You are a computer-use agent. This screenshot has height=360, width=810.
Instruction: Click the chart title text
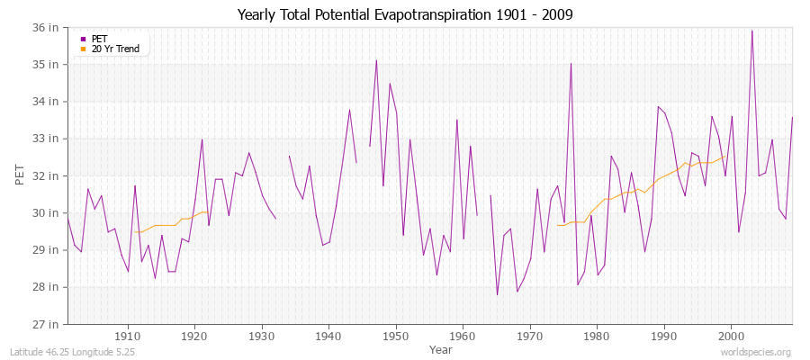click(x=405, y=14)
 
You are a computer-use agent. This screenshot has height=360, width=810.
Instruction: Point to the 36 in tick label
click(x=48, y=28)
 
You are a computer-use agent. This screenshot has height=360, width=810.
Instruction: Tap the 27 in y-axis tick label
click(x=48, y=324)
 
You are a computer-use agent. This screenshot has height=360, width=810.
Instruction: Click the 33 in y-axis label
click(x=48, y=139)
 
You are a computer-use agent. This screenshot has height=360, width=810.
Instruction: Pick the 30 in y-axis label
click(x=48, y=213)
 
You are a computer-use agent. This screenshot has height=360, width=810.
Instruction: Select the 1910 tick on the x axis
click(x=128, y=336)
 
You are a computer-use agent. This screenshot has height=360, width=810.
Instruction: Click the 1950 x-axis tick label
click(x=396, y=336)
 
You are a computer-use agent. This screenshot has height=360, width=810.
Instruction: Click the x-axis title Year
click(x=441, y=349)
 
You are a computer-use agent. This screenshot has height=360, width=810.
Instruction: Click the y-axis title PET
click(x=20, y=175)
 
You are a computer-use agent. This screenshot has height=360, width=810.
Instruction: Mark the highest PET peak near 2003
click(x=751, y=31)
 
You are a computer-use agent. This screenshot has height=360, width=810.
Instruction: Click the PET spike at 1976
click(x=571, y=64)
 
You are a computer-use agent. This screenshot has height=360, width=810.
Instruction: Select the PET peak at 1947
click(x=376, y=60)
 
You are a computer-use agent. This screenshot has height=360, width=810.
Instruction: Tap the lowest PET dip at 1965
click(x=497, y=294)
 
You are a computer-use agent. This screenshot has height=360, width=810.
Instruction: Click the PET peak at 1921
click(x=202, y=139)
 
